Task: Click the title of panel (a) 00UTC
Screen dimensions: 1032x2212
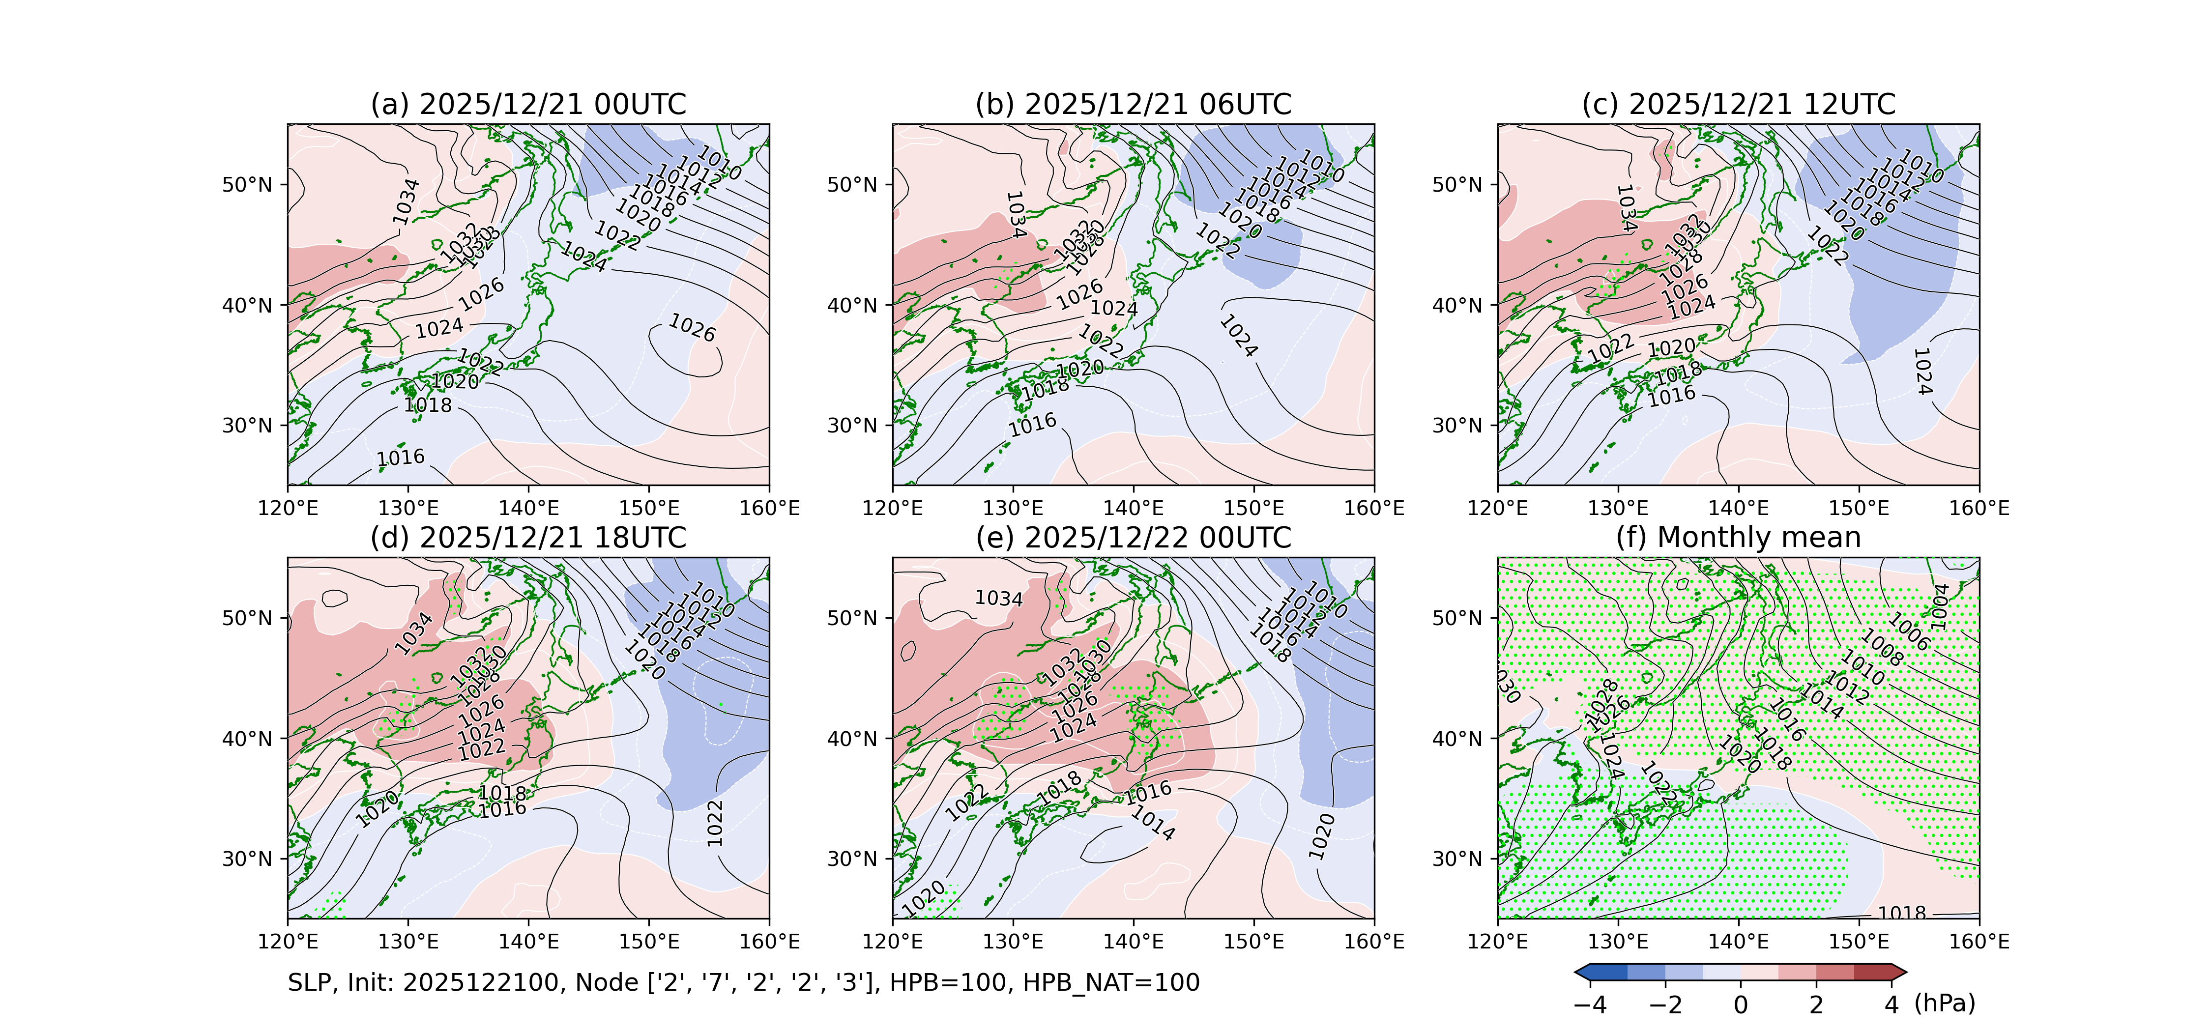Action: click(x=528, y=105)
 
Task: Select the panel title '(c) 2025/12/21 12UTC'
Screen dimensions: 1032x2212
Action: click(x=1738, y=105)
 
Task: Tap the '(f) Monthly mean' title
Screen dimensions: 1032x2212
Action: click(x=1738, y=538)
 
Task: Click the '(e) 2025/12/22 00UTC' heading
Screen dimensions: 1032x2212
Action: click(x=1134, y=538)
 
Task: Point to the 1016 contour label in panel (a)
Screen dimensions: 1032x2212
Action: click(x=401, y=458)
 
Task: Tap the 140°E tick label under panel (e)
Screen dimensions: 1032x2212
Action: click(x=1134, y=942)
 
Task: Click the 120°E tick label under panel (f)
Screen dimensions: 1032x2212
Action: click(x=1498, y=942)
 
